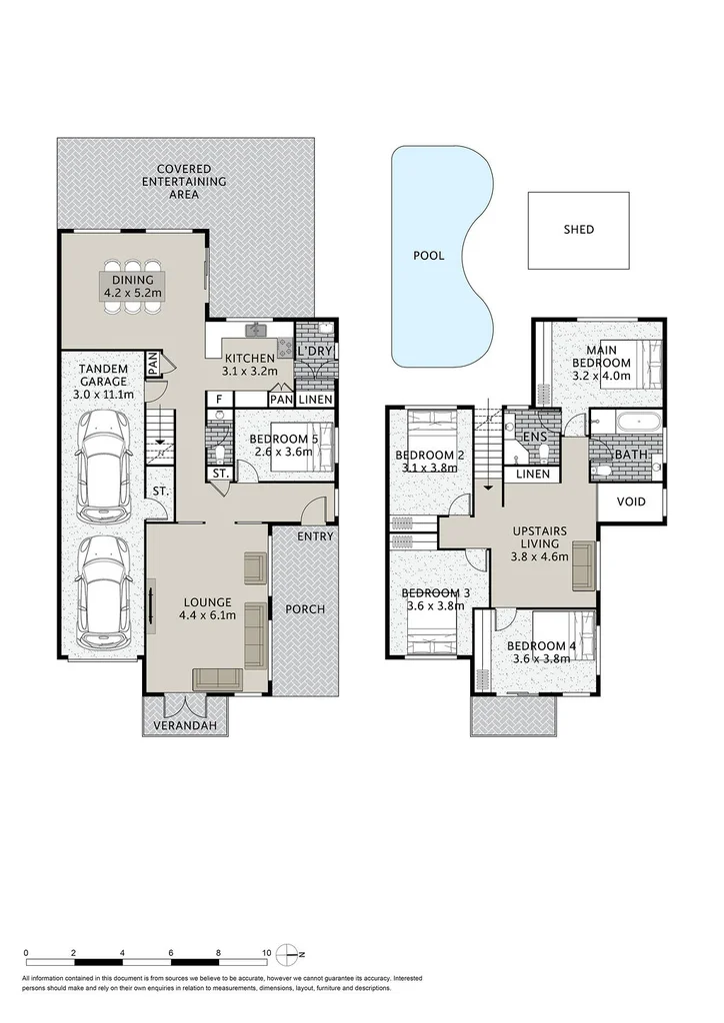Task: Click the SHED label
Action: [578, 230]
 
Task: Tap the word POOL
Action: [428, 256]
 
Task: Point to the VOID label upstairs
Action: [630, 502]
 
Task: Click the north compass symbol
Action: [289, 951]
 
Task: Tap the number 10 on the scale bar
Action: [267, 952]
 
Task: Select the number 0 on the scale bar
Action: [25, 952]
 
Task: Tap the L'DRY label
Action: [317, 352]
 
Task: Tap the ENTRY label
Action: [315, 536]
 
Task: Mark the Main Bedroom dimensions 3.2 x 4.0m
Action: [600, 377]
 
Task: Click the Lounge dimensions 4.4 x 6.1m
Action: [208, 615]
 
